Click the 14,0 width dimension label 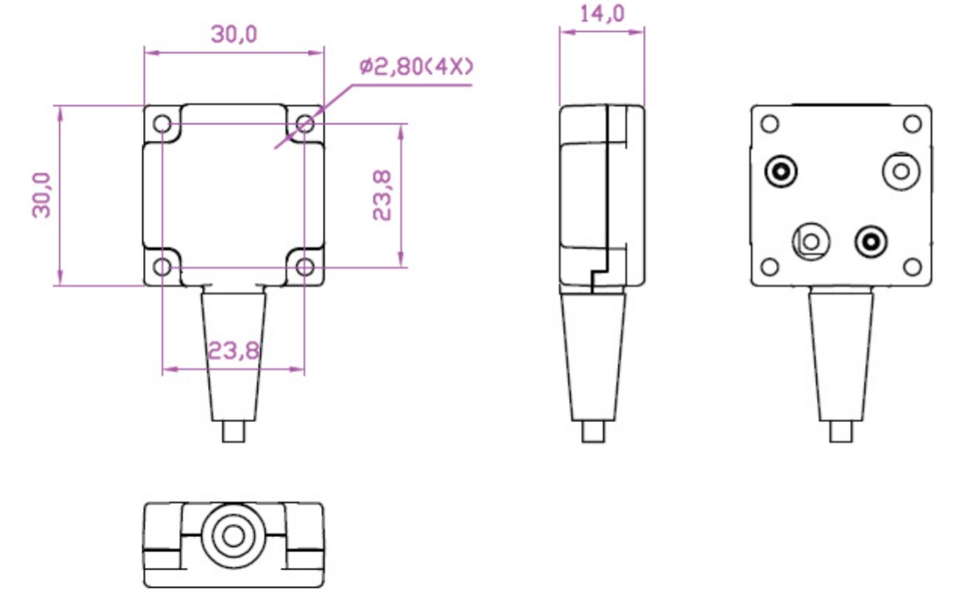click(x=601, y=15)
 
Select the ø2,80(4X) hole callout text click(x=416, y=67)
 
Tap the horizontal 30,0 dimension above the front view click(x=234, y=34)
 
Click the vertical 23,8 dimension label click(x=382, y=196)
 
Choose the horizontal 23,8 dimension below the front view click(x=234, y=351)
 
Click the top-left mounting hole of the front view click(x=163, y=125)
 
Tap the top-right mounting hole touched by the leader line click(x=305, y=125)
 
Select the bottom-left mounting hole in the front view click(x=163, y=266)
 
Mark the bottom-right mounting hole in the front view click(x=305, y=266)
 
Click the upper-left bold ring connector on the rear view click(x=782, y=172)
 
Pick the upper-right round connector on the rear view click(x=901, y=172)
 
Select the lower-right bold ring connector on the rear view click(x=871, y=242)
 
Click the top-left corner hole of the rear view click(x=770, y=124)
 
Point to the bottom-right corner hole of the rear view click(x=912, y=266)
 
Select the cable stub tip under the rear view click(x=842, y=431)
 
